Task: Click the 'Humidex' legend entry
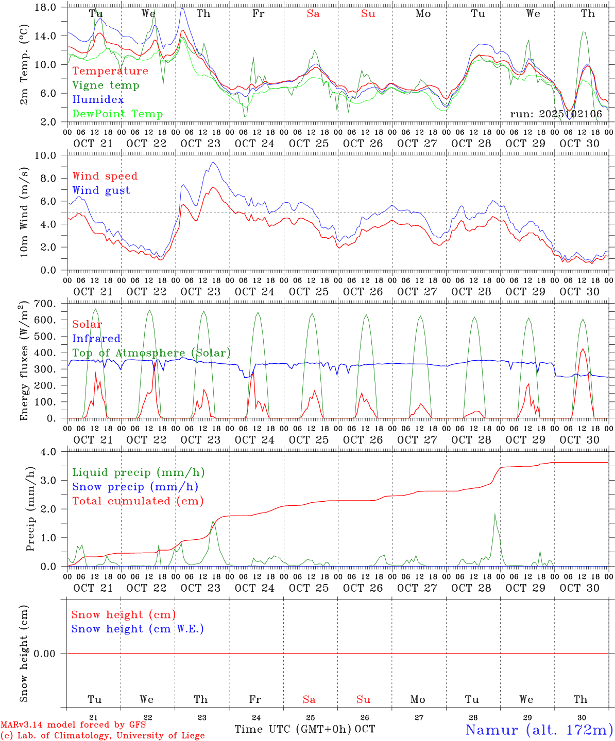click(98, 100)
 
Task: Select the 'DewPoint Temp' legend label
click(117, 114)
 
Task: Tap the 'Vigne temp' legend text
click(106, 85)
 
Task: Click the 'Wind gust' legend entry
click(101, 190)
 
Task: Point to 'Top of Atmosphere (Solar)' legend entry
click(151, 353)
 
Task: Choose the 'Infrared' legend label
click(96, 339)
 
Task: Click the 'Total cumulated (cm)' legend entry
click(138, 501)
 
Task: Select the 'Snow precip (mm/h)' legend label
click(135, 487)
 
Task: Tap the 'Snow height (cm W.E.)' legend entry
click(138, 629)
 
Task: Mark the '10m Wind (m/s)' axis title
click(24, 213)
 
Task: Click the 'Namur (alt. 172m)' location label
click(539, 730)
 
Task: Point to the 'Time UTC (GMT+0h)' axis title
click(293, 729)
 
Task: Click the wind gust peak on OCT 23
click(213, 163)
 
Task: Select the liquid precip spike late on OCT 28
click(495, 514)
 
